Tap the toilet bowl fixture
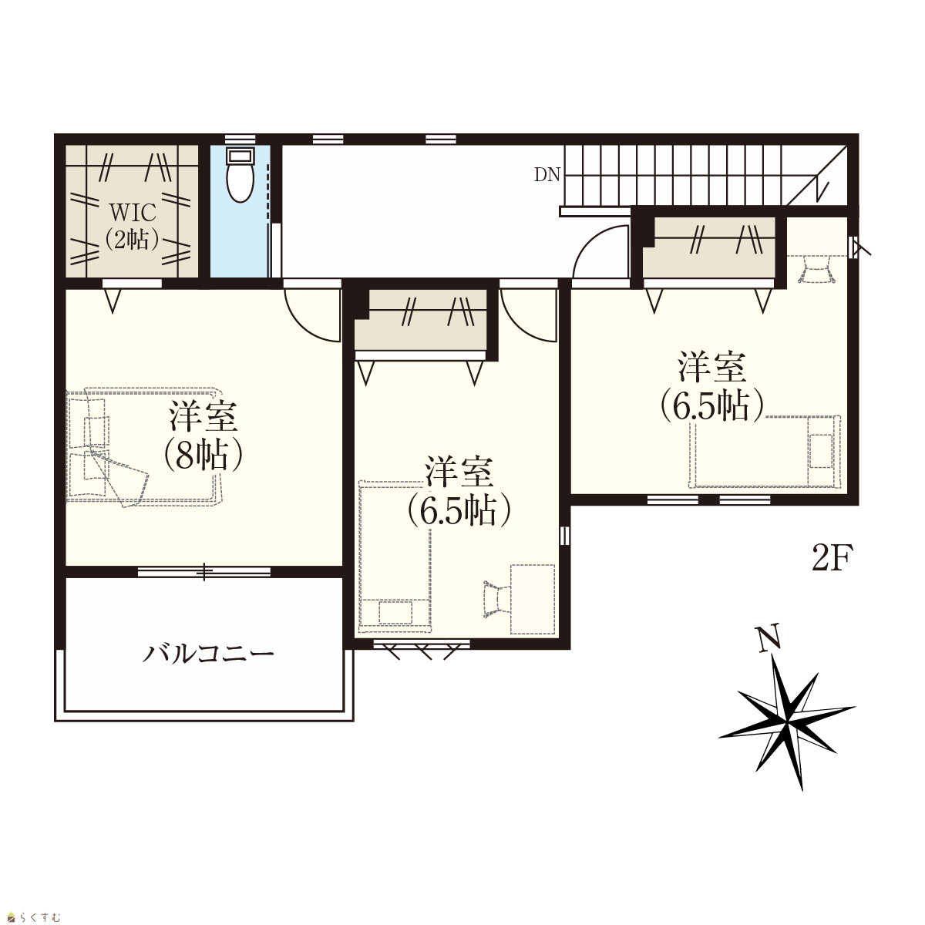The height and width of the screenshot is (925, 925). click(240, 175)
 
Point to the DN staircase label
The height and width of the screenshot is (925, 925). click(547, 175)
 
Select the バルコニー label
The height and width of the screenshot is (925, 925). click(208, 654)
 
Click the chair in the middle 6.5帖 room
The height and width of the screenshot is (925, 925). click(497, 599)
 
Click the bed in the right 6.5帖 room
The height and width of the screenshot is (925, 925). click(765, 452)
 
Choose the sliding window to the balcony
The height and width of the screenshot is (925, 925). click(204, 571)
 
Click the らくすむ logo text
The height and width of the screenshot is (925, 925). click(39, 917)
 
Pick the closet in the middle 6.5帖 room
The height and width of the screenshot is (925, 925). click(421, 320)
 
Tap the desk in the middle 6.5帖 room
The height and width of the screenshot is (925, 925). click(533, 599)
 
